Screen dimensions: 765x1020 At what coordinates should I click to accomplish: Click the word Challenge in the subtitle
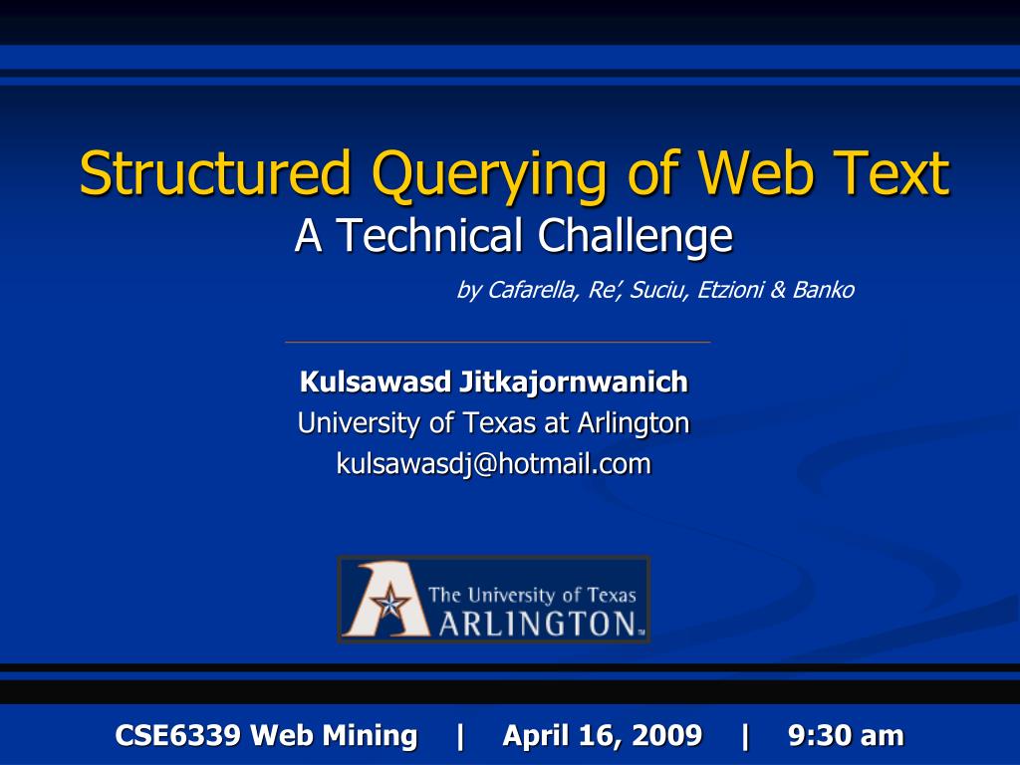(635, 236)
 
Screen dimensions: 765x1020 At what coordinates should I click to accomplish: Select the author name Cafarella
(530, 290)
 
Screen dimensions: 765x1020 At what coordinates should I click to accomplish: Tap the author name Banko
(823, 290)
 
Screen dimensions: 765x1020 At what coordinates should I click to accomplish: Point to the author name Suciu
(658, 290)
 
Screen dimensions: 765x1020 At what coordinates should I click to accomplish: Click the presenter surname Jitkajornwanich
(574, 382)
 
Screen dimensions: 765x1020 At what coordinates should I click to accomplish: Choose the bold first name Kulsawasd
(376, 382)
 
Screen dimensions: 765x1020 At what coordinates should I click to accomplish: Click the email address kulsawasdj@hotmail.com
(493, 463)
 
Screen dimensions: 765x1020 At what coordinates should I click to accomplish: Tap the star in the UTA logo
(388, 604)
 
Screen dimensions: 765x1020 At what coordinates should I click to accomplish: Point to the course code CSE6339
(177, 736)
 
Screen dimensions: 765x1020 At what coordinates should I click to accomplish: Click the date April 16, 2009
(602, 736)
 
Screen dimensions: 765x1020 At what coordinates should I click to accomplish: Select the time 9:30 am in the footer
(846, 736)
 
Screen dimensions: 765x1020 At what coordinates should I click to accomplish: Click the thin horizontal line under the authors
(497, 342)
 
